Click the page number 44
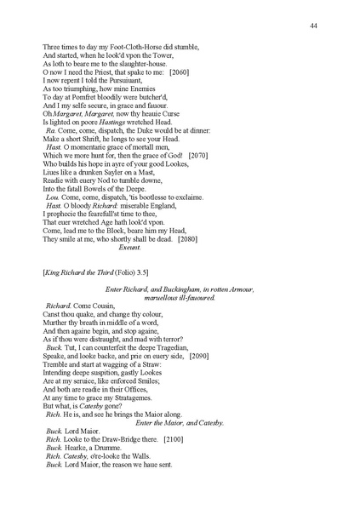pos(314,27)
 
